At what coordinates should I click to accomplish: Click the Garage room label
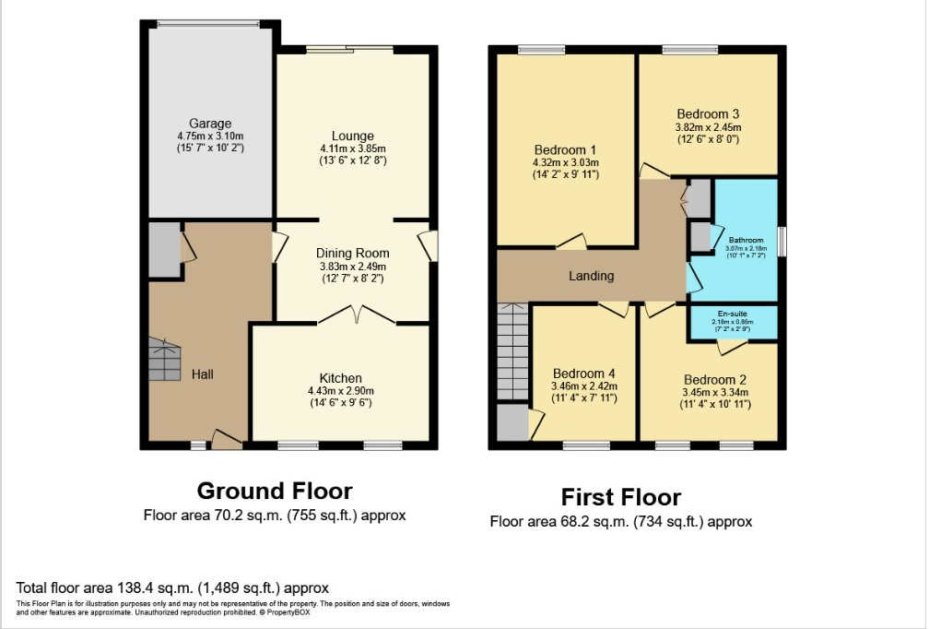coord(210,124)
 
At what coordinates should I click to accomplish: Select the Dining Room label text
coord(353,253)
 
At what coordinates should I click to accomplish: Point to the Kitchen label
coord(341,378)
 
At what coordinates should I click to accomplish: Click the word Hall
coord(203,374)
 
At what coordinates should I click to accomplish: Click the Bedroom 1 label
coord(565,150)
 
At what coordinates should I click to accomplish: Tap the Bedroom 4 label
coord(583,374)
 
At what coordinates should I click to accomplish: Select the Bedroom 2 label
coord(715,379)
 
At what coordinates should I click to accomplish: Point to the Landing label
coord(591,276)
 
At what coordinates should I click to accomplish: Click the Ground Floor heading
coord(275,491)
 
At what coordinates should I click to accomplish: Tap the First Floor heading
coord(620,498)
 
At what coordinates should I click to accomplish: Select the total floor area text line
coord(173,587)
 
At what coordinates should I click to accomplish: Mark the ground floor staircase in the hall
coord(165,360)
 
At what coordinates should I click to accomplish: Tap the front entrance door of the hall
coord(227,440)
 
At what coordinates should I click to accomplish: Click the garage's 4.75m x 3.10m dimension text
coord(210,136)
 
